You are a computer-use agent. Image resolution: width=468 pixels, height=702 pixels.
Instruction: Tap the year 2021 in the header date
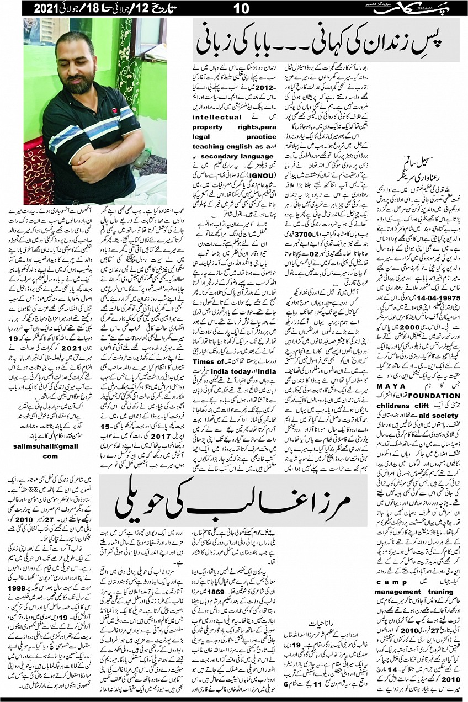pyautogui.click(x=45, y=8)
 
